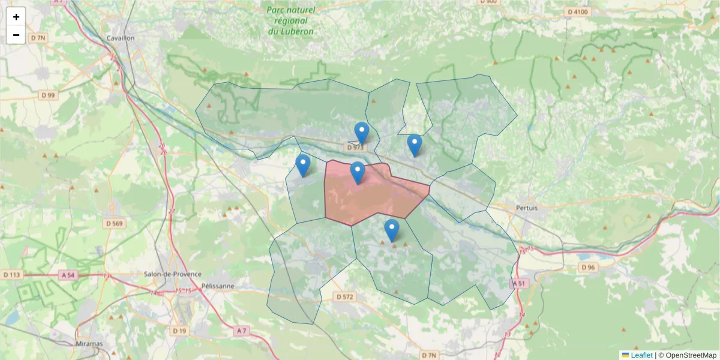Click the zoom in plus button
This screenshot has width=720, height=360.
click(x=16, y=17)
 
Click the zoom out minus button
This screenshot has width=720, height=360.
click(x=16, y=35)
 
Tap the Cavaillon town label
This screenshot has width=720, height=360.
click(x=121, y=37)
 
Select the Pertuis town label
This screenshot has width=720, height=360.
click(x=526, y=208)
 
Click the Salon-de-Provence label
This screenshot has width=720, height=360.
click(x=168, y=274)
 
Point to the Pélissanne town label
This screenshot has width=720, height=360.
click(x=218, y=286)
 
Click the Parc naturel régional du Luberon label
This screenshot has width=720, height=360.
click(x=291, y=20)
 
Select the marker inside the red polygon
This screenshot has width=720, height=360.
click(x=358, y=173)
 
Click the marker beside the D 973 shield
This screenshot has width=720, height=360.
click(x=362, y=133)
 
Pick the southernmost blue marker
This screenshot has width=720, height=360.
click(x=392, y=230)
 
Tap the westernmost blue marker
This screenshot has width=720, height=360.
click(x=303, y=166)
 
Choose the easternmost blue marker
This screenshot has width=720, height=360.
click(x=414, y=145)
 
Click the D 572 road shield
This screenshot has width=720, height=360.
click(x=345, y=296)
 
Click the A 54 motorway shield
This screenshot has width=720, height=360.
click(x=68, y=274)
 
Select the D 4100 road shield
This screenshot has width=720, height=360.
click(x=578, y=11)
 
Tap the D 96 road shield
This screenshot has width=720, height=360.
click(x=587, y=267)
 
